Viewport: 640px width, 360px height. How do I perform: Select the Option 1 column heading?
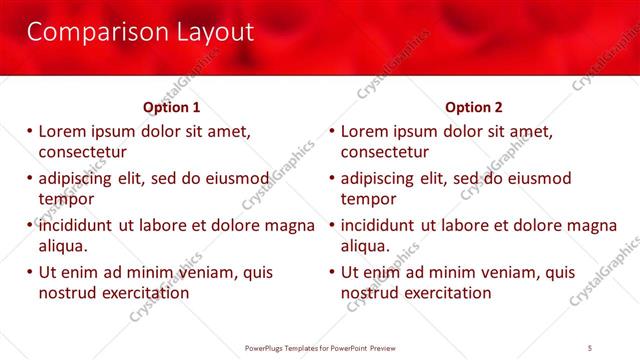pyautogui.click(x=171, y=107)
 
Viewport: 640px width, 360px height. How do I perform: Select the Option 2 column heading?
pyautogui.click(x=474, y=107)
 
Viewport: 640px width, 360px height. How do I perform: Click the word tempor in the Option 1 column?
pyautogui.click(x=65, y=199)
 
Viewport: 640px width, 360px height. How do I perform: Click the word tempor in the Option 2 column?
pyautogui.click(x=368, y=199)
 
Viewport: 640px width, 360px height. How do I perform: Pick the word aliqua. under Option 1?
pyautogui.click(x=63, y=246)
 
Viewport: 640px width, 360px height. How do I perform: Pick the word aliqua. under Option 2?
pyautogui.click(x=366, y=246)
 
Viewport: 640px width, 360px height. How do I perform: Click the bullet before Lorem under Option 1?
pyautogui.click(x=30, y=131)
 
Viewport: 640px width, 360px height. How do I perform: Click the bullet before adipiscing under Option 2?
pyautogui.click(x=333, y=178)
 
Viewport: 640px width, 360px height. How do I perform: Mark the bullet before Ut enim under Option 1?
pyautogui.click(x=30, y=272)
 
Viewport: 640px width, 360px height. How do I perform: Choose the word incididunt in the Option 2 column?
pyautogui.click(x=377, y=225)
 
